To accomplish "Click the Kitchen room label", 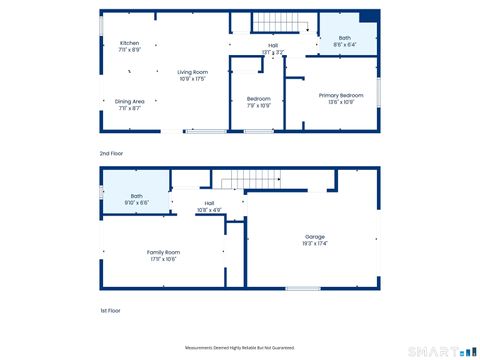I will (130, 43).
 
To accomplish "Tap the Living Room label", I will (193, 72).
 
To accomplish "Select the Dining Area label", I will (130, 101).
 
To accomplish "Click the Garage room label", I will (316, 236).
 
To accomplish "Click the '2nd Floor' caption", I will (111, 153).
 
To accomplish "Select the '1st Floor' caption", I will (110, 311).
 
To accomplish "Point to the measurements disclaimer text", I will (239, 347).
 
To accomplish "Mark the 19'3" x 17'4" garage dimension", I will (316, 243).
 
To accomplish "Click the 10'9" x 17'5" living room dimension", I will (193, 79).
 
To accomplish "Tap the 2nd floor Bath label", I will (344, 38).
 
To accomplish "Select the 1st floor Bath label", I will (136, 196).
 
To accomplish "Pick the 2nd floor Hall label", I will (273, 45).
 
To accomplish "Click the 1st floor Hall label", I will (210, 203).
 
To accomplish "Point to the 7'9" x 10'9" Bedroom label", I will (259, 101).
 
